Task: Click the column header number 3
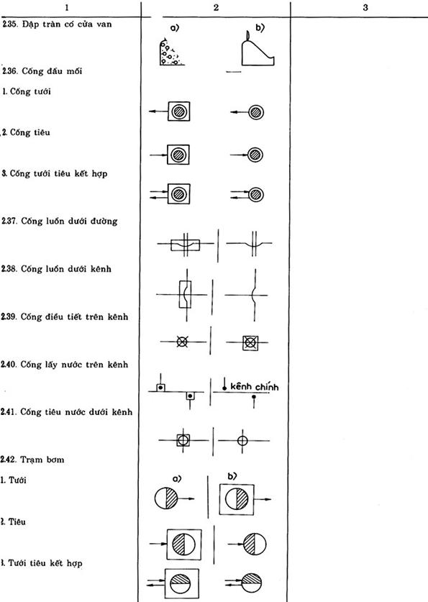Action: click(365, 7)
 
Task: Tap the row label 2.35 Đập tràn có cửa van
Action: click(57, 24)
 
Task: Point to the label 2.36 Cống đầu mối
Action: click(42, 71)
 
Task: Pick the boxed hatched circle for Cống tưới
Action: click(178, 111)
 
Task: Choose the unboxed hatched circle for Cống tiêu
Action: click(254, 155)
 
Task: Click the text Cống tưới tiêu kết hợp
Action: click(58, 173)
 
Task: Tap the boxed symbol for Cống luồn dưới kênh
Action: click(185, 294)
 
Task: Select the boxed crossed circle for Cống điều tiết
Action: click(250, 342)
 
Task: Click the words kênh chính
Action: click(254, 386)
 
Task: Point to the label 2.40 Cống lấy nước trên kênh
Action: click(65, 365)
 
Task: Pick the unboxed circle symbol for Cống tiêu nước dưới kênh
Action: click(242, 440)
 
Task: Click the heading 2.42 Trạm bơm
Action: click(32, 460)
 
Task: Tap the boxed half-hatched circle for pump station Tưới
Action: click(237, 499)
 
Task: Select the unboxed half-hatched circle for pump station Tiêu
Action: click(255, 544)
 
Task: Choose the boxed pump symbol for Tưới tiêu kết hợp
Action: click(182, 583)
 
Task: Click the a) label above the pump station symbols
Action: click(177, 479)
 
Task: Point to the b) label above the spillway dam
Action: click(260, 27)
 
